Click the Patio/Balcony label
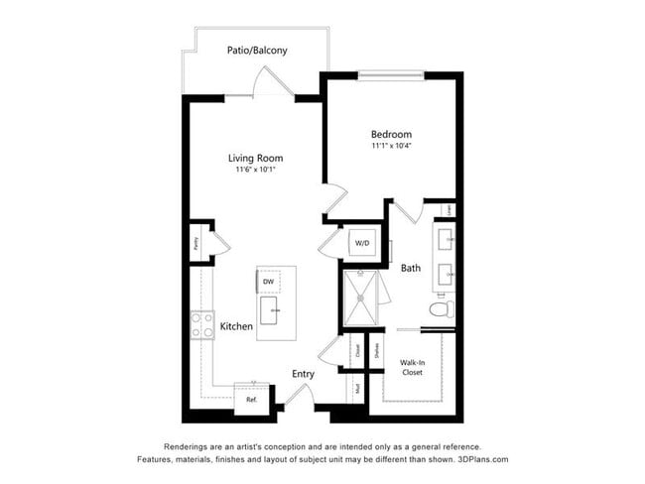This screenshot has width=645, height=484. [257, 50]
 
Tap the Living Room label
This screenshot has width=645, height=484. [256, 158]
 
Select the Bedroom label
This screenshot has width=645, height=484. [391, 134]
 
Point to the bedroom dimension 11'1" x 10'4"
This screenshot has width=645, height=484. [391, 146]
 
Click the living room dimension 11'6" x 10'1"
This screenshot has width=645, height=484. [256, 170]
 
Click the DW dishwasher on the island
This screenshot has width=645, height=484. [268, 282]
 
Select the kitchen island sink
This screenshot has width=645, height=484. [267, 313]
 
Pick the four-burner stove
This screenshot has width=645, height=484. [203, 324]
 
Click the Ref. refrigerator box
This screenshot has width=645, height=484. [251, 399]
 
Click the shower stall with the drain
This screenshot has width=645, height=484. [361, 297]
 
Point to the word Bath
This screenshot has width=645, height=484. [411, 268]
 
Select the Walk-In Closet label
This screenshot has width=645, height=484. [412, 367]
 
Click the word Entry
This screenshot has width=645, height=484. [304, 374]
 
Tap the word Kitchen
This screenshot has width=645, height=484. [236, 326]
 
